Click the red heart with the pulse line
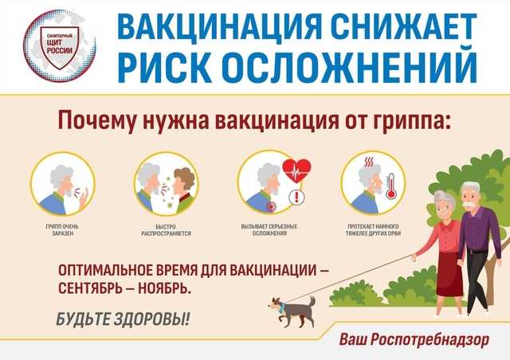pyautogui.click(x=296, y=170)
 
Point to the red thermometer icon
pyautogui.click(x=391, y=186)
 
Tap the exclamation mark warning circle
pyautogui.click(x=296, y=197)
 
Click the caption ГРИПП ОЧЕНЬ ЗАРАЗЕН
pyautogui.click(x=62, y=229)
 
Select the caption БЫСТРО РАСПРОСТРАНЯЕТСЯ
pyautogui.click(x=166, y=229)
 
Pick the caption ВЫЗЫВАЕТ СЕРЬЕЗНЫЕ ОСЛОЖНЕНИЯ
pyautogui.click(x=269, y=229)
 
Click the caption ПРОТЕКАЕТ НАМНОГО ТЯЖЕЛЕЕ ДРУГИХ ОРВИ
pyautogui.click(x=373, y=229)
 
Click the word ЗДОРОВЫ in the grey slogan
pyautogui.click(x=151, y=319)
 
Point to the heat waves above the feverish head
pyautogui.click(x=369, y=162)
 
